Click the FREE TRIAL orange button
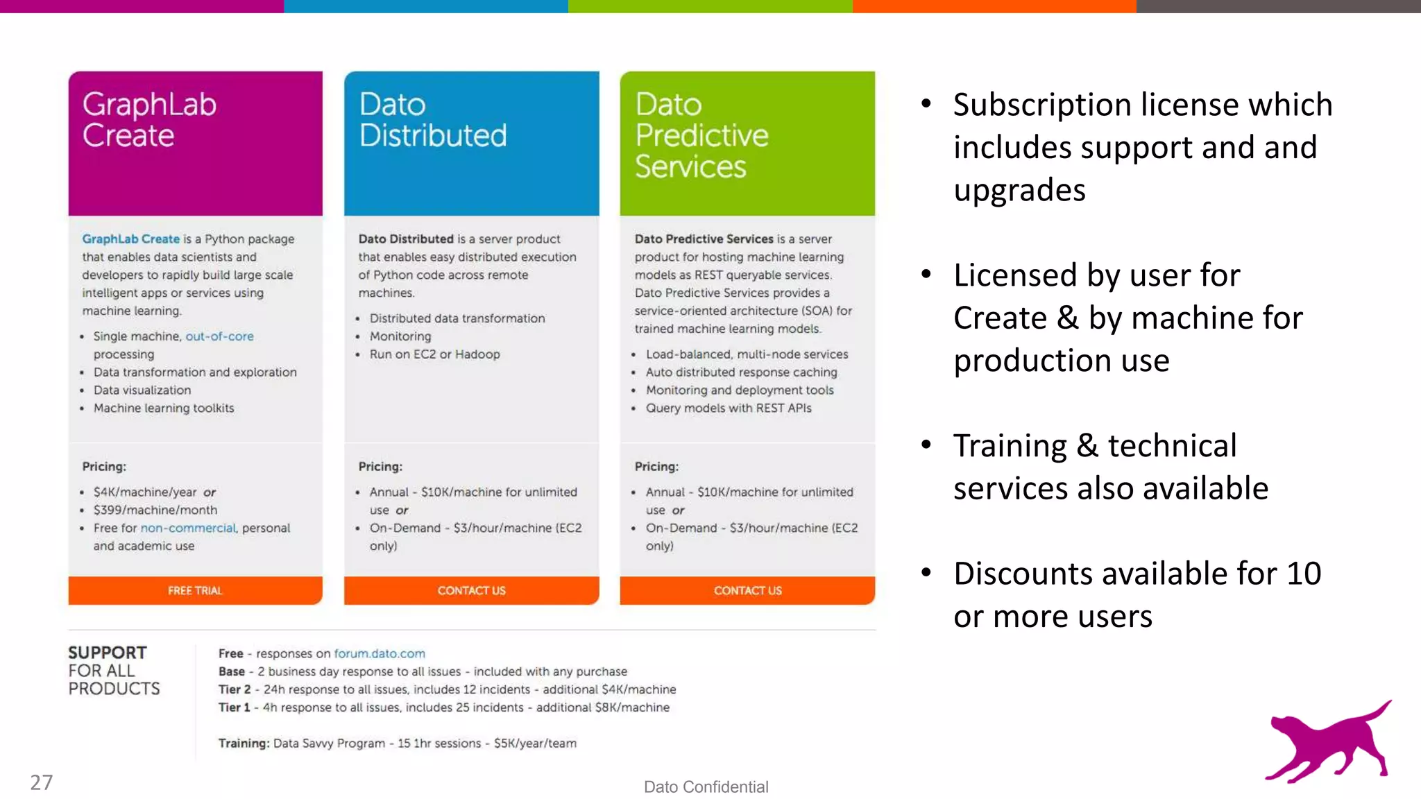pos(195,590)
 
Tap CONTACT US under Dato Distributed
pos(471,590)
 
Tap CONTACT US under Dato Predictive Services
pos(747,590)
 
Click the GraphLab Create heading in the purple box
pos(149,119)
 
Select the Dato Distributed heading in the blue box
pos(433,119)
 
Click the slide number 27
pos(42,782)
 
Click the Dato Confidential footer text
pos(706,787)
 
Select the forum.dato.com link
pos(380,653)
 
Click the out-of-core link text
pos(219,336)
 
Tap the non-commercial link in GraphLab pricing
pos(189,528)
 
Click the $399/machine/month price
pos(155,510)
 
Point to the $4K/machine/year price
pos(145,492)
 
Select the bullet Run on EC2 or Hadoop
pos(434,354)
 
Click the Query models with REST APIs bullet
pos(729,409)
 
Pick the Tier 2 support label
pos(234,689)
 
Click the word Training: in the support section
pos(244,744)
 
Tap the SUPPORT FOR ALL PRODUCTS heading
pos(113,670)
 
